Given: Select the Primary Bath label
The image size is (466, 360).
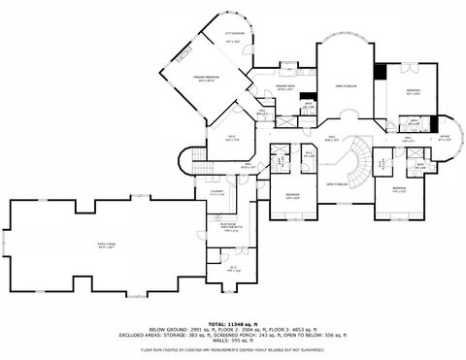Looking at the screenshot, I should click(x=285, y=88).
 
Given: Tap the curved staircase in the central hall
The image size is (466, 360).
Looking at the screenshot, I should click(x=359, y=160).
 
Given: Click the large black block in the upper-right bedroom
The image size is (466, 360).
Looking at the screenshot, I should click(x=381, y=73).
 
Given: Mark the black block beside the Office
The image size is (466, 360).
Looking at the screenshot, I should click(x=433, y=124).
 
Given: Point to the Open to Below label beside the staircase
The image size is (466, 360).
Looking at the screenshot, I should click(x=337, y=183).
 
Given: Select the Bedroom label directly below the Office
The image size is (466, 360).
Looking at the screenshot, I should click(x=399, y=188).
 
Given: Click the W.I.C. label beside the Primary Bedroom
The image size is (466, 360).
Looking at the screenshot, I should click(x=219, y=138).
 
